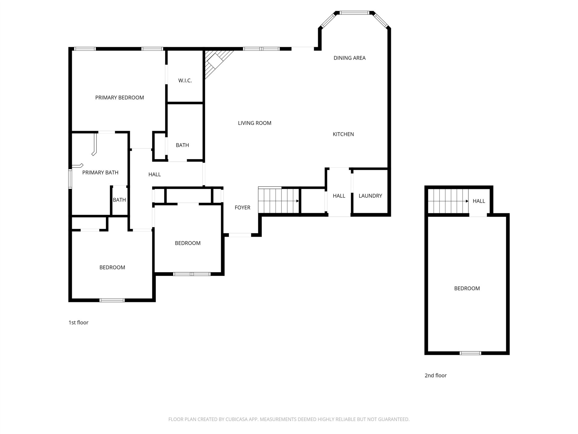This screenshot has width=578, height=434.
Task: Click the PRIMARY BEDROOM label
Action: click(x=120, y=98)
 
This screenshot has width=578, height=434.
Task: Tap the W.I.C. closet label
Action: click(x=185, y=80)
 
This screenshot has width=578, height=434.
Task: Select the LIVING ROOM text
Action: click(x=255, y=123)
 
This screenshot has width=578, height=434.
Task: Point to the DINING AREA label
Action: click(x=350, y=58)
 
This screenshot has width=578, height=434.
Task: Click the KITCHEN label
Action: click(x=343, y=134)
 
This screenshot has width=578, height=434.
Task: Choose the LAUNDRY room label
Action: click(x=370, y=196)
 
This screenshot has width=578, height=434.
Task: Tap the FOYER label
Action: click(x=243, y=207)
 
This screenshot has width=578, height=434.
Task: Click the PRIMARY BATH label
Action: click(x=100, y=172)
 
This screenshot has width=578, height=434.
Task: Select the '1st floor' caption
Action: click(x=79, y=322)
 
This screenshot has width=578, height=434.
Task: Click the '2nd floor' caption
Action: click(x=436, y=376)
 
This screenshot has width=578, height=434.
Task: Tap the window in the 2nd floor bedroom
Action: click(x=470, y=353)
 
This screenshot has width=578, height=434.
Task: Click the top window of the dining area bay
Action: click(x=354, y=13)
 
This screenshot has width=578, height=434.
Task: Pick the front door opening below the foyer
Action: click(x=240, y=235)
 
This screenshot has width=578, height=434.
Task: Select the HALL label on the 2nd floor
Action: click(x=479, y=201)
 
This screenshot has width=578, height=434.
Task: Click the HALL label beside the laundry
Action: click(x=339, y=196)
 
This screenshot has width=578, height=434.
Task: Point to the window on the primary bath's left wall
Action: click(x=70, y=179)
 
